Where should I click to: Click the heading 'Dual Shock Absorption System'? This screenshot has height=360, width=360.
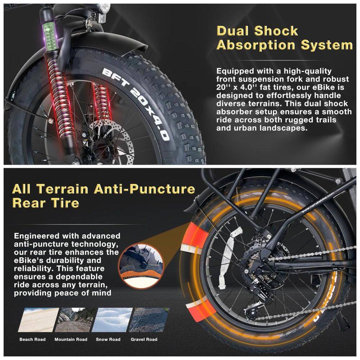[x=284, y=38]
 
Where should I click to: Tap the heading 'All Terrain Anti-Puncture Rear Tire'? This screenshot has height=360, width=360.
[x=104, y=196]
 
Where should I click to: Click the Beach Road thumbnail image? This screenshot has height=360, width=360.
[x=39, y=320]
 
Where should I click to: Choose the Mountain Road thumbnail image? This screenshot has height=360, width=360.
[x=76, y=320]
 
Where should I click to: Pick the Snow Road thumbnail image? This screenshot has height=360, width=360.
[x=112, y=320]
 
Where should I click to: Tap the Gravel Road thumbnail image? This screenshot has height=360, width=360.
[x=149, y=320]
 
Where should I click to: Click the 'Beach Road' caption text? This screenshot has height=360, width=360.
[x=33, y=339]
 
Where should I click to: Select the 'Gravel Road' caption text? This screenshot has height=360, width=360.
[x=144, y=339]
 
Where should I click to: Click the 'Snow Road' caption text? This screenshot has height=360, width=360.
[x=108, y=339]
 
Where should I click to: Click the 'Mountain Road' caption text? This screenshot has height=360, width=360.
[x=71, y=339]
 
